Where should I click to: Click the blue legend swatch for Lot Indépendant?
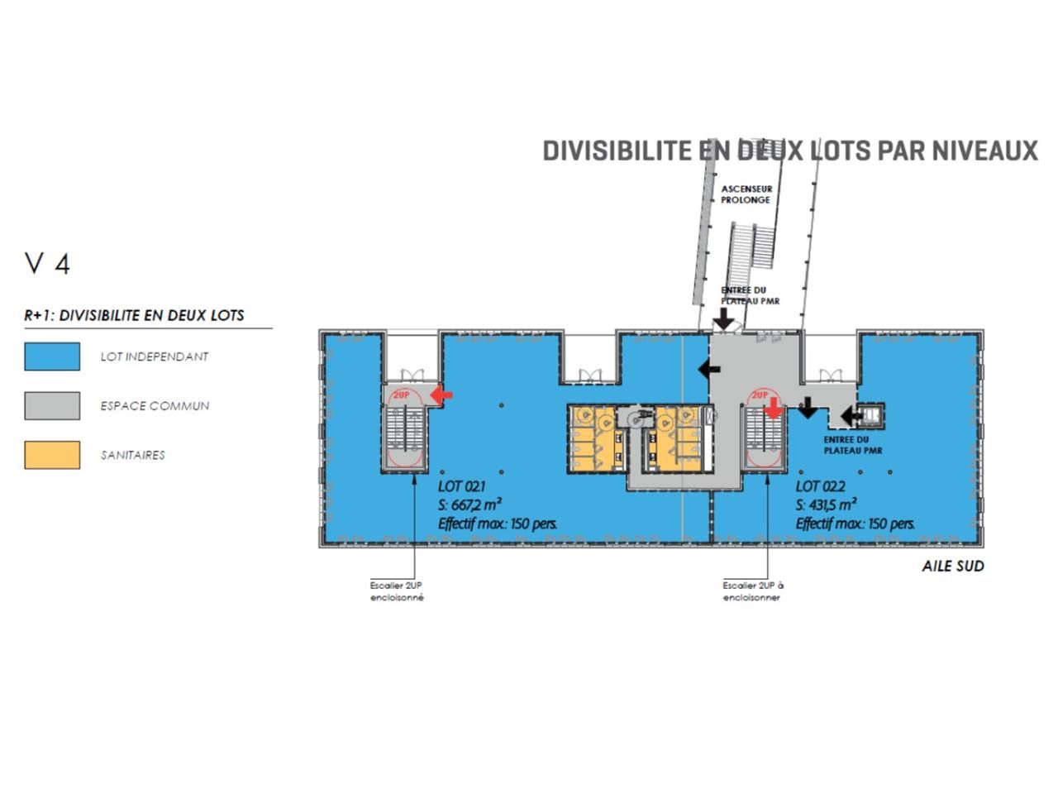point(52,356)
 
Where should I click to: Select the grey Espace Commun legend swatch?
point(52,405)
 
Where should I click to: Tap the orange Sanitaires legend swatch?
point(52,455)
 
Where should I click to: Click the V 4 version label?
point(47,264)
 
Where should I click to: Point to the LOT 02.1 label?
point(461,486)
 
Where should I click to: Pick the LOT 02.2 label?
point(820,486)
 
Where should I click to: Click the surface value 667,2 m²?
point(475,505)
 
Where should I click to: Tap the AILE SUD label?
point(952,566)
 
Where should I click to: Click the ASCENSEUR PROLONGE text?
point(746,194)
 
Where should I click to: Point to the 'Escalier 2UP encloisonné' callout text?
point(397,591)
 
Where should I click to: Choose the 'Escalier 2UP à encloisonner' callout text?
point(753,591)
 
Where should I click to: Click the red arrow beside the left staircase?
point(441,395)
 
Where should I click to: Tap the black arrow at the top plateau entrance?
point(723,318)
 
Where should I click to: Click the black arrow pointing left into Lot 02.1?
point(709,370)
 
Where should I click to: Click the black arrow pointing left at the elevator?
point(851,415)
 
